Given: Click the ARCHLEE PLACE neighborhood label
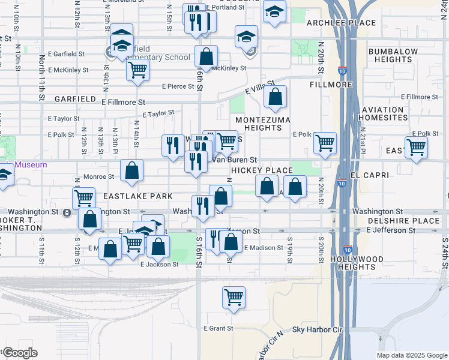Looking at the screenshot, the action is pos(341,23).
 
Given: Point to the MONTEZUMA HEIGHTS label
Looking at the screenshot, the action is pos(263,124).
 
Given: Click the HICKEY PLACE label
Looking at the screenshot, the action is pos(262,170).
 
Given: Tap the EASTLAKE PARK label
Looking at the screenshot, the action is pos(137,196).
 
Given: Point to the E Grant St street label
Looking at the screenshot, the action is pos(218,328).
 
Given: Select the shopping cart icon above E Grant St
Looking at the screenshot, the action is pos(234,296).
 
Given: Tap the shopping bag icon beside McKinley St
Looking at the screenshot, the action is pos(206,57).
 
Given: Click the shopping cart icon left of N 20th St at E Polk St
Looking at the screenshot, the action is pos(325,143).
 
